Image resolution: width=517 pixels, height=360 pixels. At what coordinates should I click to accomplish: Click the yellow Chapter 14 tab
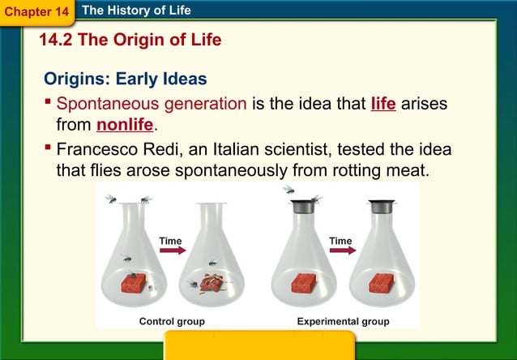pos(36,12)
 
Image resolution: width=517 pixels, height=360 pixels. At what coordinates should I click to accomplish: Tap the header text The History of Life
pos(136,11)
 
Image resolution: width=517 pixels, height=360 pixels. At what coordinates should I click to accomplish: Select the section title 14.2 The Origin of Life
pos(130,40)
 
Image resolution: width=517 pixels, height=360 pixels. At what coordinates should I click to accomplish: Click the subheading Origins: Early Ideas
pos(125,79)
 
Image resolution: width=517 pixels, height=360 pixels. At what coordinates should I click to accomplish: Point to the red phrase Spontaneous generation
pos(152,104)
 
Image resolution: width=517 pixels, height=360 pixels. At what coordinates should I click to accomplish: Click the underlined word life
pos(382,104)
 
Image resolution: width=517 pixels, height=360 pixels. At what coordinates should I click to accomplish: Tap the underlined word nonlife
pos(124,125)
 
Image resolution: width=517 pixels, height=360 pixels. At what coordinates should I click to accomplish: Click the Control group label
pos(172,322)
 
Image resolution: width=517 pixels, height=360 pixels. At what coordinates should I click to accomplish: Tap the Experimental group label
pos(343,322)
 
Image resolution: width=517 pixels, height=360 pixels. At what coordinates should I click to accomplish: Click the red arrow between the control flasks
pos(172,251)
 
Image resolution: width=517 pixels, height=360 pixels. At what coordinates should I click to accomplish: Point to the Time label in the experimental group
pos(340,241)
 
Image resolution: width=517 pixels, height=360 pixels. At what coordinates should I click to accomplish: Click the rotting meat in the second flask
pos(213,283)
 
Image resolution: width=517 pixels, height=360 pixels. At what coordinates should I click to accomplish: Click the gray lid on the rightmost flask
pos(381,207)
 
